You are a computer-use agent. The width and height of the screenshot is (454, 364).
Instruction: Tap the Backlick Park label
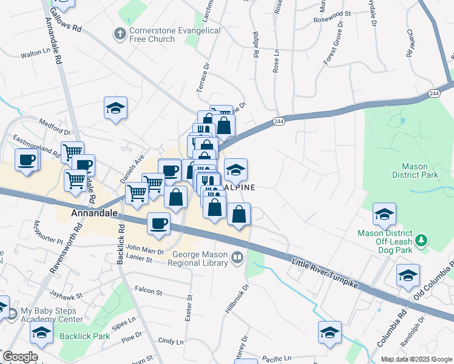point(85,335)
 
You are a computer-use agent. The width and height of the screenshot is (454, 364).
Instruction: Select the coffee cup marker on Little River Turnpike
point(159,223)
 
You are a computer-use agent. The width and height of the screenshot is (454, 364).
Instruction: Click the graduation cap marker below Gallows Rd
point(115,109)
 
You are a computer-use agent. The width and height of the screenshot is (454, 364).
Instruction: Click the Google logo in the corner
point(20,357)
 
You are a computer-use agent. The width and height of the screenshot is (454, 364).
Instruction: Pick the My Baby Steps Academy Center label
point(52,315)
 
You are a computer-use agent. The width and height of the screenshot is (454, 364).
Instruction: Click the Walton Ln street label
point(35,55)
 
